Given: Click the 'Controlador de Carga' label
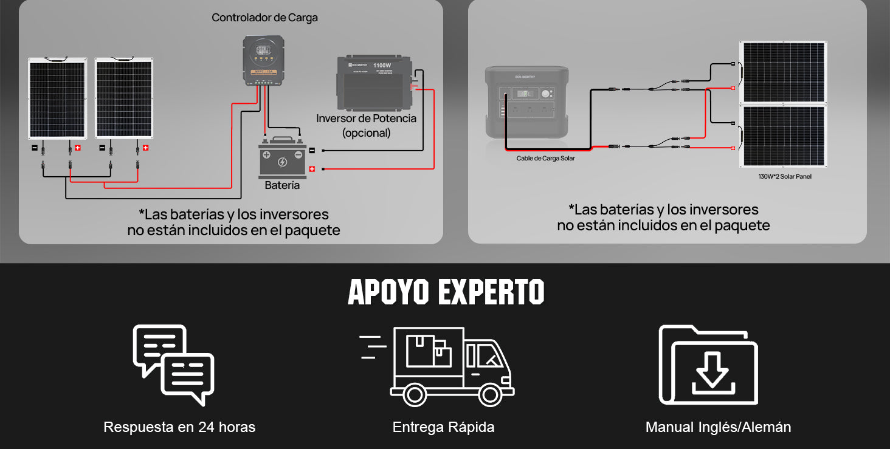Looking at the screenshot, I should click(264, 18).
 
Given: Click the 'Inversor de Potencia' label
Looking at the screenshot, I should click(366, 118).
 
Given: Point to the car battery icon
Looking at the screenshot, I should click(282, 159).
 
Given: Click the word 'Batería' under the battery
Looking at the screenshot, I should click(282, 185).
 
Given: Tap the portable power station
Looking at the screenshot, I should click(526, 102).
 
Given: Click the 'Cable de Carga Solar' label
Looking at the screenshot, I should click(545, 159).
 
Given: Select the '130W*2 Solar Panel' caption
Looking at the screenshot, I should click(784, 177).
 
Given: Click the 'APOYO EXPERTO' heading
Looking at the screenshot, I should click(446, 292).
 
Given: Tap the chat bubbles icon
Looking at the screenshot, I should click(174, 365).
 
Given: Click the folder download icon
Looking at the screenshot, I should click(708, 365).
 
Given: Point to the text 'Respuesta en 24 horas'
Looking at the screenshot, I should click(179, 427).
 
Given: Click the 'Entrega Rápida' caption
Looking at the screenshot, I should click(443, 427).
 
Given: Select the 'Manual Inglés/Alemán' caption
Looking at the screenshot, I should click(718, 427).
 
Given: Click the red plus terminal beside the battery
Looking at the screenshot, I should click(312, 169).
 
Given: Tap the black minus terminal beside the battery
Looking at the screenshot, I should click(312, 150).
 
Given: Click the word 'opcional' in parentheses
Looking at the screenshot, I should click(366, 132).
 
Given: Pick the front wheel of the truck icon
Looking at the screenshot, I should click(489, 395).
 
